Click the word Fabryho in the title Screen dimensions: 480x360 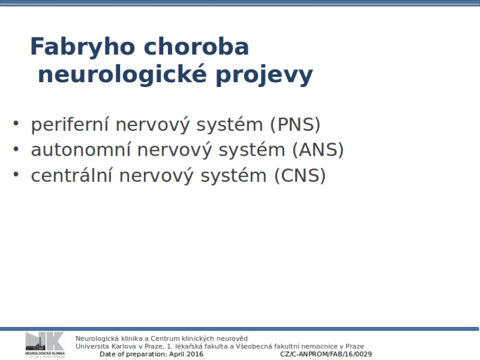[x=83, y=47]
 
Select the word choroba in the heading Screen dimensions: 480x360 [x=196, y=46]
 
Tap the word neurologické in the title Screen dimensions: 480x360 [x=123, y=74]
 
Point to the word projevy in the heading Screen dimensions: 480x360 [x=265, y=75]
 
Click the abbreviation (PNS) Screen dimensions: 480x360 [x=295, y=125]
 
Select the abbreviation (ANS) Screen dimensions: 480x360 [x=318, y=150]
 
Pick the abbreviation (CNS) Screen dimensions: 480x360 [x=300, y=175]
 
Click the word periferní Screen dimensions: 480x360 [x=70, y=125]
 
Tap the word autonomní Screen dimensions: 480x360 [x=81, y=150]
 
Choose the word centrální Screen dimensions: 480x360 [x=71, y=175]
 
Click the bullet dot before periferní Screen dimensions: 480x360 [x=16, y=123]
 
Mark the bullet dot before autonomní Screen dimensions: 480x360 [x=16, y=149]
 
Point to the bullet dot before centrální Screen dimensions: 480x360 [x=16, y=174]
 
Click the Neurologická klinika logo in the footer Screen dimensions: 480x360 [x=45, y=345]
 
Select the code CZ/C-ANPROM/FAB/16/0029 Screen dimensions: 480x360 [x=326, y=354]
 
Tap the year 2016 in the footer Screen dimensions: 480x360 [x=195, y=354]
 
